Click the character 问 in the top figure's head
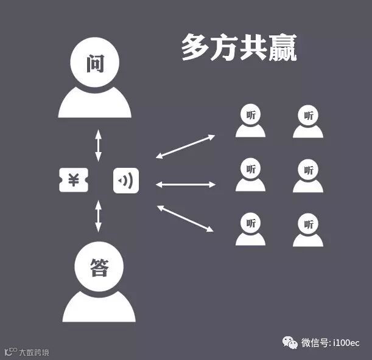94,63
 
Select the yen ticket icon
74,181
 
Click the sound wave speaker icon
127,181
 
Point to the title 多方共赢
239,48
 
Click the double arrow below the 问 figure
98,145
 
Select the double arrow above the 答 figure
98,216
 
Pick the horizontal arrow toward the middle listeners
186,184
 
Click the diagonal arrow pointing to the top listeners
185,146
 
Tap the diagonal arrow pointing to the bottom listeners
185,218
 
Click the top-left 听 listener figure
250,121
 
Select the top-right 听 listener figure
308,121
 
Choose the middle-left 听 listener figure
250,175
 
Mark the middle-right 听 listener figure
308,175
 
